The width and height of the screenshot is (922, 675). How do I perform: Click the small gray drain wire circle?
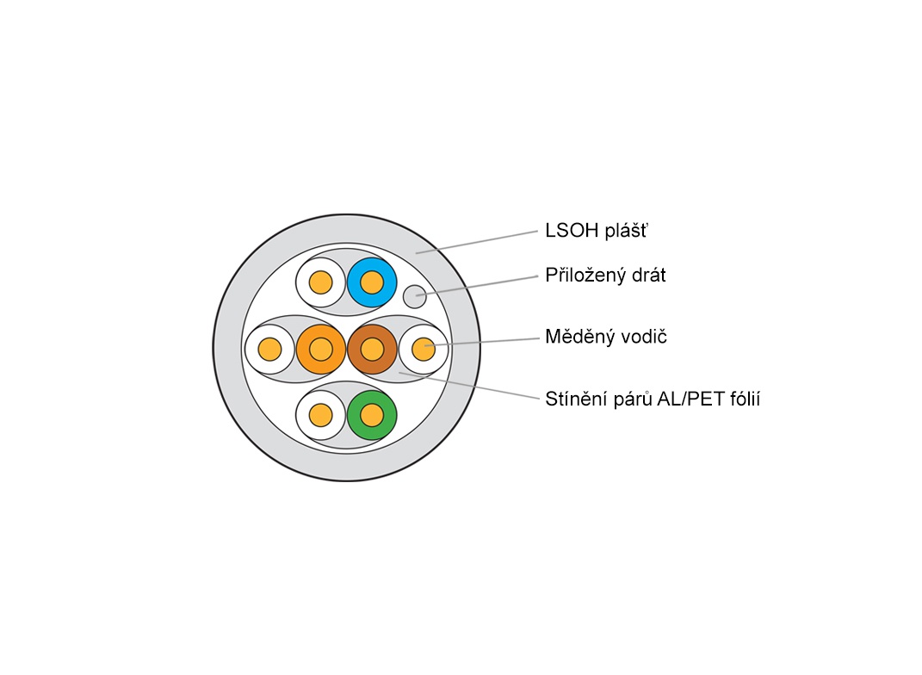(x=415, y=296)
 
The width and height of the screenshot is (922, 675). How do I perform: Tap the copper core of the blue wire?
(x=372, y=282)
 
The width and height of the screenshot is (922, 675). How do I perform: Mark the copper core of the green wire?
(x=372, y=415)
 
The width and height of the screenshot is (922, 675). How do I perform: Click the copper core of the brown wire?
(x=372, y=349)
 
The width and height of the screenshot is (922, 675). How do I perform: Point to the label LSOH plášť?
(x=595, y=231)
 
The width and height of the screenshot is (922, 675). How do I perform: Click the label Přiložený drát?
(x=605, y=276)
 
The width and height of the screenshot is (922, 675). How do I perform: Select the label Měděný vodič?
(x=606, y=337)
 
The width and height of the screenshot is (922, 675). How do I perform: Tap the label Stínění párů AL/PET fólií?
(x=653, y=399)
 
